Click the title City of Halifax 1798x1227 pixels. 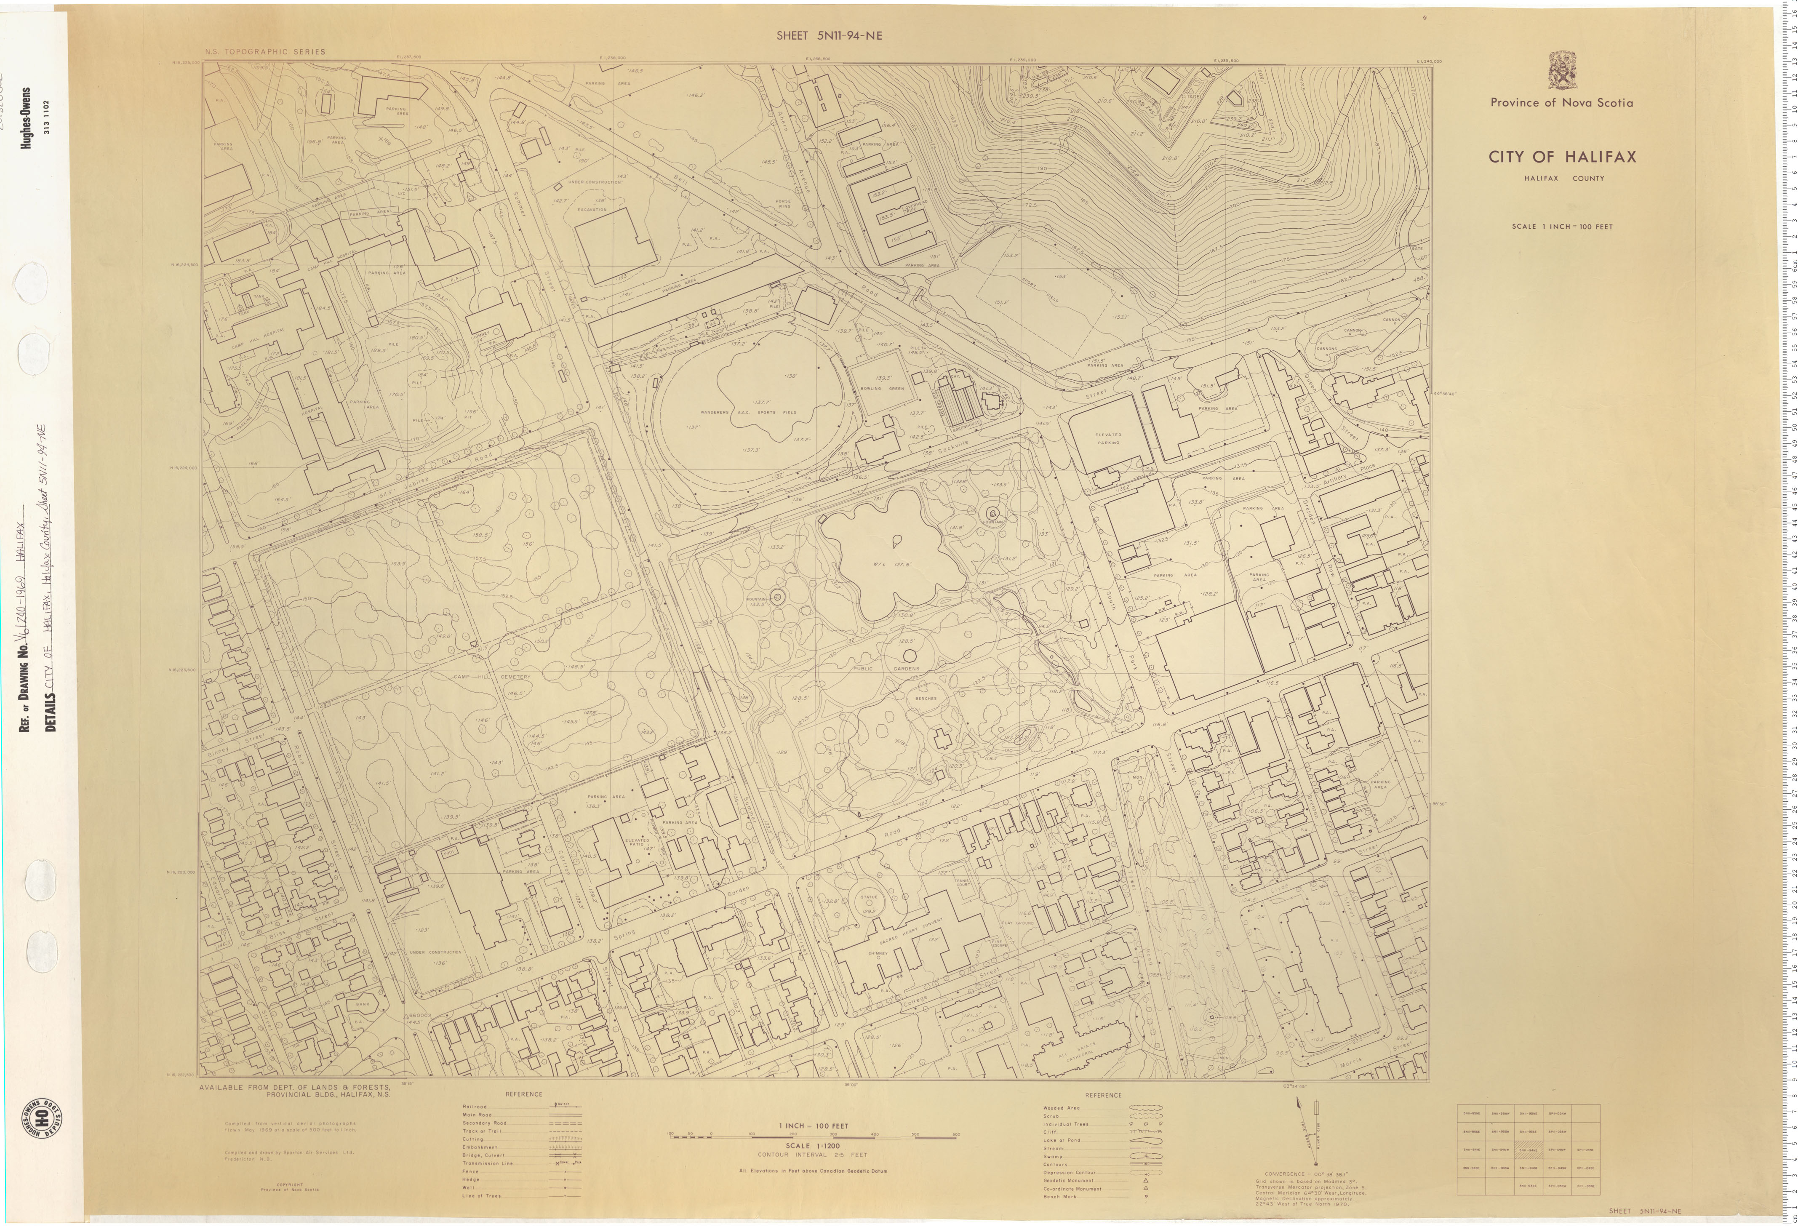point(1562,157)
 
